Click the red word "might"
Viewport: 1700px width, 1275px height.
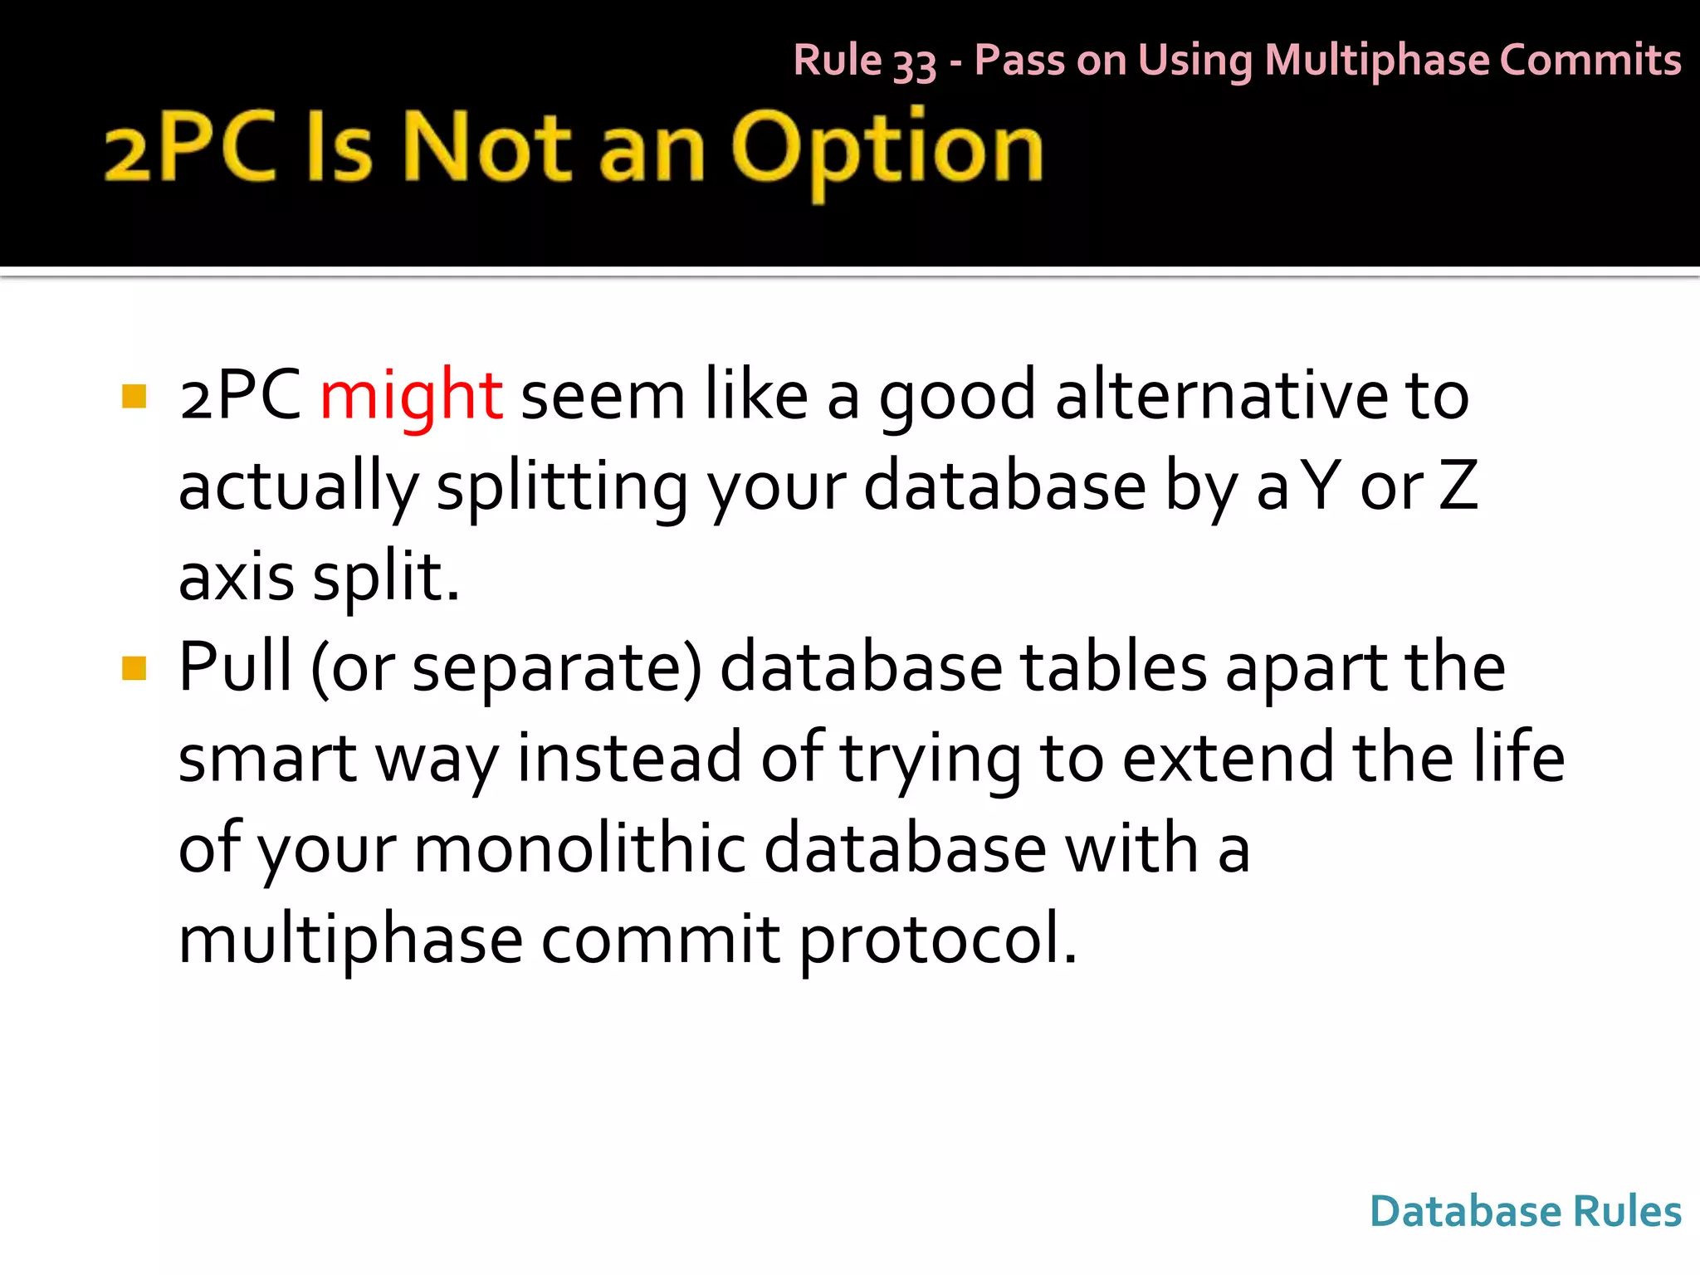[x=411, y=396]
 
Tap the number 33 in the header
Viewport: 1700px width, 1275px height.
[x=914, y=63]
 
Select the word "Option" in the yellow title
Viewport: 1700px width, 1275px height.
[x=887, y=149]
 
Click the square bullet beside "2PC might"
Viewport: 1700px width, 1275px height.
[x=134, y=396]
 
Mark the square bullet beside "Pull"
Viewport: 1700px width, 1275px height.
[x=134, y=668]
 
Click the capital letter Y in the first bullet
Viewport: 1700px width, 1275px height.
[x=1321, y=486]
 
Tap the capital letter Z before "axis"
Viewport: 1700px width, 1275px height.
[x=1458, y=486]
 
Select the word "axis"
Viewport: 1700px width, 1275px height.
[x=236, y=577]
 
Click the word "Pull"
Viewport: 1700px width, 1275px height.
[x=236, y=667]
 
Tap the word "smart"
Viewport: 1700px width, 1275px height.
[x=267, y=759]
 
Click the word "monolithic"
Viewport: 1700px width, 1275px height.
[x=579, y=849]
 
